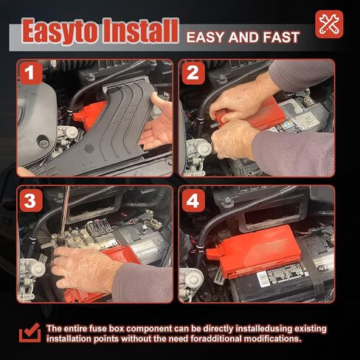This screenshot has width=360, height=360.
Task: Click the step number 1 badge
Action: coord(30,72)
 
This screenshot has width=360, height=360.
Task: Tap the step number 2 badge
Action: coord(193,73)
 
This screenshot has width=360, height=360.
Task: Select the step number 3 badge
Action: coord(30,201)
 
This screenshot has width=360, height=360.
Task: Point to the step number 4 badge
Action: coord(193,201)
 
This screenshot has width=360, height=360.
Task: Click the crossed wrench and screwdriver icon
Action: coord(329,24)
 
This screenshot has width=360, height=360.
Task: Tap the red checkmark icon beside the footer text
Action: coord(30,333)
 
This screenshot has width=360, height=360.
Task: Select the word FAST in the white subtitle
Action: coord(281,38)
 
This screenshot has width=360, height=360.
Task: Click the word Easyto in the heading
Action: coord(61,32)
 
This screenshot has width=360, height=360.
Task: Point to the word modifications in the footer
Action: coord(272,339)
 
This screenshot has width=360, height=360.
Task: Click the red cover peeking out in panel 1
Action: coord(89,115)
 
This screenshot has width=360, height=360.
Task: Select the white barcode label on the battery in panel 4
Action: coord(263,279)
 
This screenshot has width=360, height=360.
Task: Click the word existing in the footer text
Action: coord(311,329)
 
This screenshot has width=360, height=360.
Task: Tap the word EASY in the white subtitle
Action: coord(206,38)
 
